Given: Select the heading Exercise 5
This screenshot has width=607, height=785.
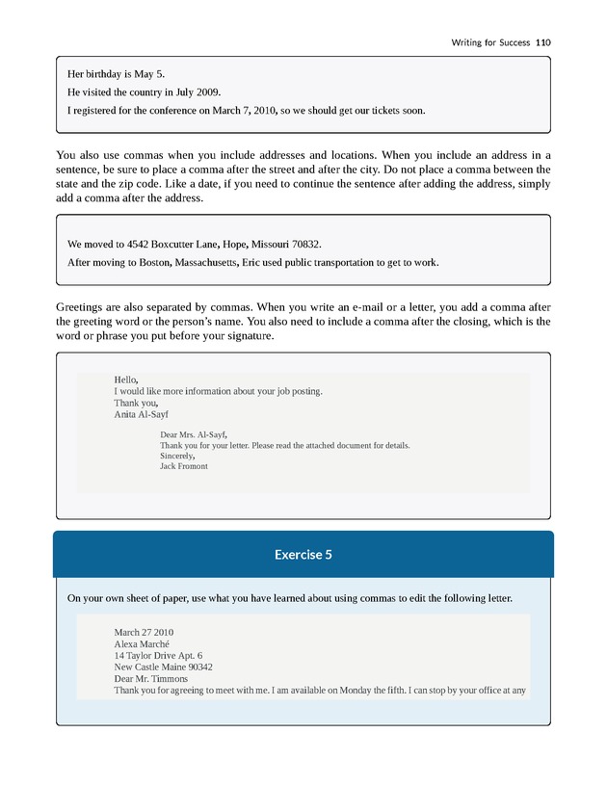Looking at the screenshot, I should (x=303, y=555).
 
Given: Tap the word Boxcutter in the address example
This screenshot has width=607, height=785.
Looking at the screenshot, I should (x=172, y=244).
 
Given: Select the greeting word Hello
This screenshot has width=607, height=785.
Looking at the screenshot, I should (x=125, y=379).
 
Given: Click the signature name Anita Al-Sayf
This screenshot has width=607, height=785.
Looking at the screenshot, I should (x=141, y=415).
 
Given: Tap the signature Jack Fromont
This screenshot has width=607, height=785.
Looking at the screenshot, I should (x=183, y=466).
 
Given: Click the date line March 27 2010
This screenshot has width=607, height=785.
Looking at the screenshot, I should (x=144, y=633).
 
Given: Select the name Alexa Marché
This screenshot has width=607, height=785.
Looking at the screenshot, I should (x=142, y=644).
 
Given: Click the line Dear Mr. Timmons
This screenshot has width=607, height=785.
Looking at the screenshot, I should (x=151, y=679).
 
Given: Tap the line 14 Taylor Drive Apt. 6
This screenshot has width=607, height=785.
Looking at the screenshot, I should (x=158, y=656).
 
